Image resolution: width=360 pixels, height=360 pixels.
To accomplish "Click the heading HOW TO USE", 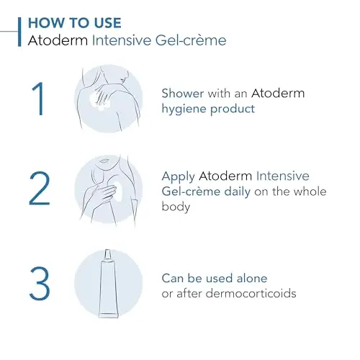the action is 75,23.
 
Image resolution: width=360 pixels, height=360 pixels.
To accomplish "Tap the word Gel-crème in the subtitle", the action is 191,40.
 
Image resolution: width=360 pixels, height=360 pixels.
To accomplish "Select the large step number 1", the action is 39,99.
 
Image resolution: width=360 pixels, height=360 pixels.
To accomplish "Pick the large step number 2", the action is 40,189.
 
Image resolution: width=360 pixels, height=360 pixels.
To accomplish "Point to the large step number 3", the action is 40,284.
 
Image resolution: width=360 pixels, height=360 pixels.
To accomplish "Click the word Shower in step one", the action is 183,93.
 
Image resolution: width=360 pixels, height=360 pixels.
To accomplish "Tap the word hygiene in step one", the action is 184,109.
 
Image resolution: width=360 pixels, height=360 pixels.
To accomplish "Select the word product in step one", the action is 233,109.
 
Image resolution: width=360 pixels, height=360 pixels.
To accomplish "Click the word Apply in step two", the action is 178,176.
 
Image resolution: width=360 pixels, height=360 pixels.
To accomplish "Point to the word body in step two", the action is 176,207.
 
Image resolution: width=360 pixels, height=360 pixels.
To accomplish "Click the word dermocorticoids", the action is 251,293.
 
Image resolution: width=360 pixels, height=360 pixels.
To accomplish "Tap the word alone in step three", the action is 252,279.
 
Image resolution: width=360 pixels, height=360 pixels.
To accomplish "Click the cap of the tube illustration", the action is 107,255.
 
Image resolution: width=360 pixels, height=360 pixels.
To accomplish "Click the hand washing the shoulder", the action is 102,96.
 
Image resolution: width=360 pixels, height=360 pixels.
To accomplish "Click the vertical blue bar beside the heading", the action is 19,32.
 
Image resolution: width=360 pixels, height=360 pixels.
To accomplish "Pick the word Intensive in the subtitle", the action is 122,40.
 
